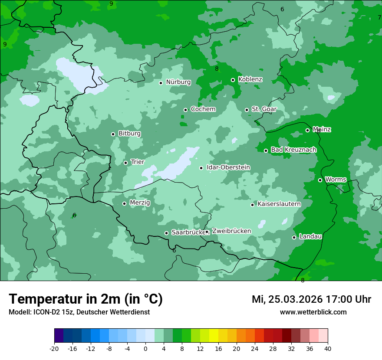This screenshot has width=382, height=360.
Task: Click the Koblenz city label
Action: pyautogui.click(x=250, y=79)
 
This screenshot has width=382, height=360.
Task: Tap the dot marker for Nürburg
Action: pyautogui.click(x=161, y=83)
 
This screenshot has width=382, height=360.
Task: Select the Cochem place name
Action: pyautogui.click(x=203, y=109)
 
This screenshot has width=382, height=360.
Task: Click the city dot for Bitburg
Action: pyautogui.click(x=113, y=134)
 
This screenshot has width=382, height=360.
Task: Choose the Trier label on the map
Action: pyautogui.click(x=137, y=162)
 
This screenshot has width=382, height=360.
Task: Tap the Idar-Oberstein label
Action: pyautogui.click(x=228, y=167)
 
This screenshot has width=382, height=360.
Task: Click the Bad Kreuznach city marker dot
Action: pyautogui.click(x=266, y=151)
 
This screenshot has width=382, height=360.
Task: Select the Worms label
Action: pyautogui.click(x=336, y=180)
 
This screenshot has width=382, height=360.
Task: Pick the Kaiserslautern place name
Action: pyautogui.click(x=279, y=204)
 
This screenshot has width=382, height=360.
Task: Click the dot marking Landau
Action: pyautogui.click(x=294, y=237)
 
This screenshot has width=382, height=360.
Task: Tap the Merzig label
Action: pyautogui.click(x=140, y=203)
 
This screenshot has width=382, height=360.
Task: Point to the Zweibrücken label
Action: pyautogui.click(x=231, y=231)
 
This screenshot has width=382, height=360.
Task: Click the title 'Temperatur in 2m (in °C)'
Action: pyautogui.click(x=86, y=299)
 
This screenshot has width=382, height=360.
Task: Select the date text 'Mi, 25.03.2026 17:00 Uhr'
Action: pyautogui.click(x=311, y=299)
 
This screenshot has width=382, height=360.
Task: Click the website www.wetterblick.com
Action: pyautogui.click(x=313, y=312)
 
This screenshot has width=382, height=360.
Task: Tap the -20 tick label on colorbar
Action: pyautogui.click(x=54, y=349)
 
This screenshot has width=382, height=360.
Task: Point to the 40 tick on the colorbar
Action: pyautogui.click(x=328, y=349)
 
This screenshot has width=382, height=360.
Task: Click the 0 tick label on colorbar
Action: pyautogui.click(x=145, y=349)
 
